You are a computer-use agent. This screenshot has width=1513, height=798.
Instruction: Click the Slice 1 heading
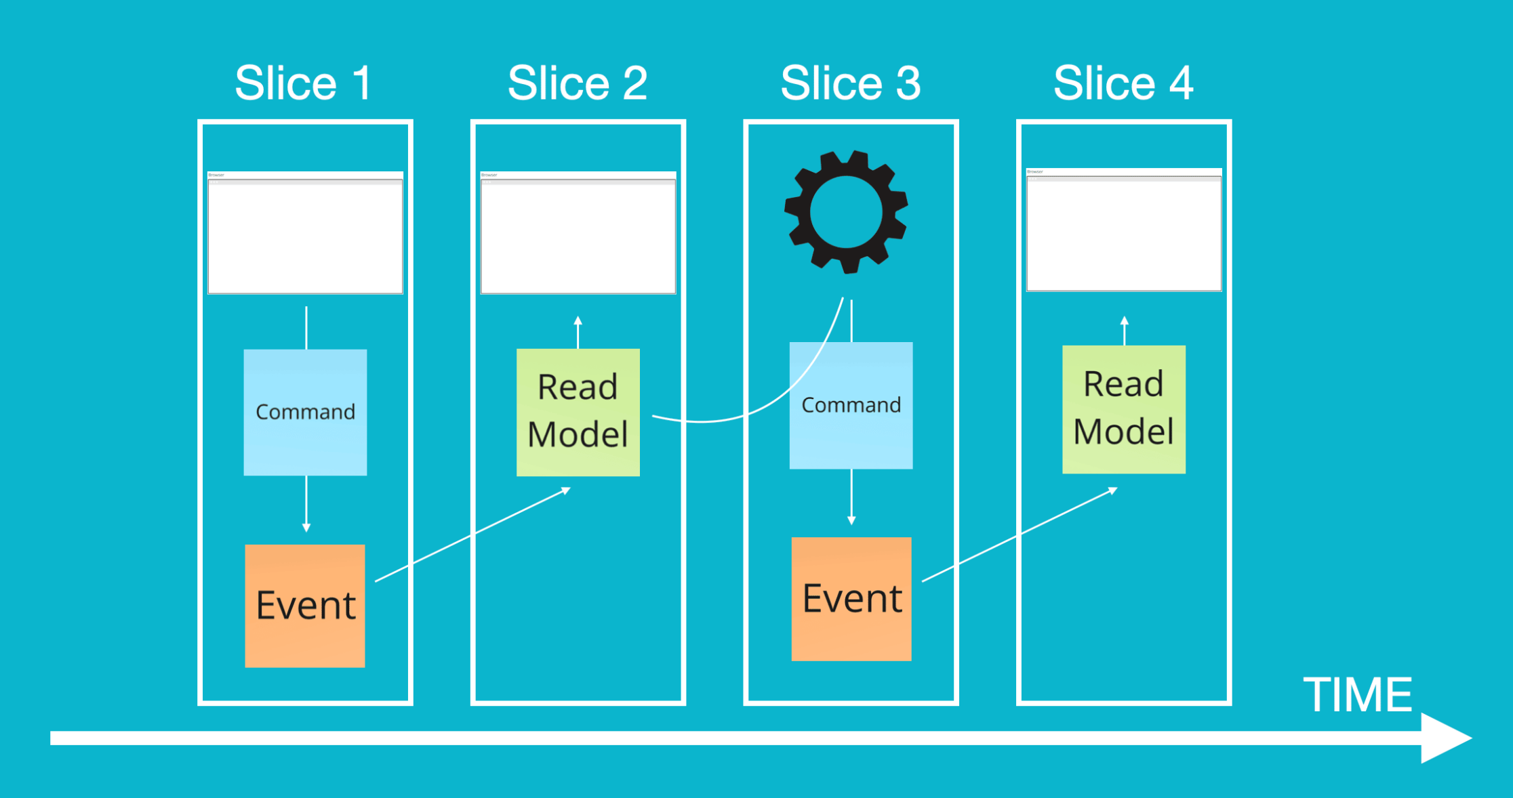[x=303, y=83]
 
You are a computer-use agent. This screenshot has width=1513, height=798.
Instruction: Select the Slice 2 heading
[x=578, y=83]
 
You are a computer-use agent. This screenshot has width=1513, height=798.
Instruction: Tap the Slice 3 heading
[x=851, y=83]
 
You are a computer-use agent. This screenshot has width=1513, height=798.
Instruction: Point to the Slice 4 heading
[x=1123, y=83]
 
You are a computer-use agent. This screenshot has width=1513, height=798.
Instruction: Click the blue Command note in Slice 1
[x=305, y=412]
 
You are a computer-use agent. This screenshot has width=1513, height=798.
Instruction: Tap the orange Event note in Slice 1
[x=305, y=606]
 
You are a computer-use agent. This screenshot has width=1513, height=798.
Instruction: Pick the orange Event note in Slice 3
[x=851, y=599]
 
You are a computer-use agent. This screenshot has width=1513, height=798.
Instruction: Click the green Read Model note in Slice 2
[x=578, y=412]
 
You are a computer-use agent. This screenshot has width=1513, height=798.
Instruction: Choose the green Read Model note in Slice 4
[x=1123, y=409]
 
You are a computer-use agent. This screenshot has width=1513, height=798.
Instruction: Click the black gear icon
[x=846, y=212]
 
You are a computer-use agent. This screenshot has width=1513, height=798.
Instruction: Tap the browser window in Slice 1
[x=305, y=233]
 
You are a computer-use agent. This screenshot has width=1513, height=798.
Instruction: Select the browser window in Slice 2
[x=578, y=233]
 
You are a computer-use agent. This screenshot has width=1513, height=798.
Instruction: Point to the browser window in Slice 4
[x=1123, y=230]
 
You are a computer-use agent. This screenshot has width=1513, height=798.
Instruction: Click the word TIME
[x=1357, y=695]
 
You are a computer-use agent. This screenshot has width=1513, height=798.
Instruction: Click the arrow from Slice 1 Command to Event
[x=306, y=505]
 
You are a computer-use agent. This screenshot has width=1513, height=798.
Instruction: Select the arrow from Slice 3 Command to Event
[x=851, y=498]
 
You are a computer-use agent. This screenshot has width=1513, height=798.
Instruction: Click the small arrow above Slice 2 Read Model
[x=578, y=332]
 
